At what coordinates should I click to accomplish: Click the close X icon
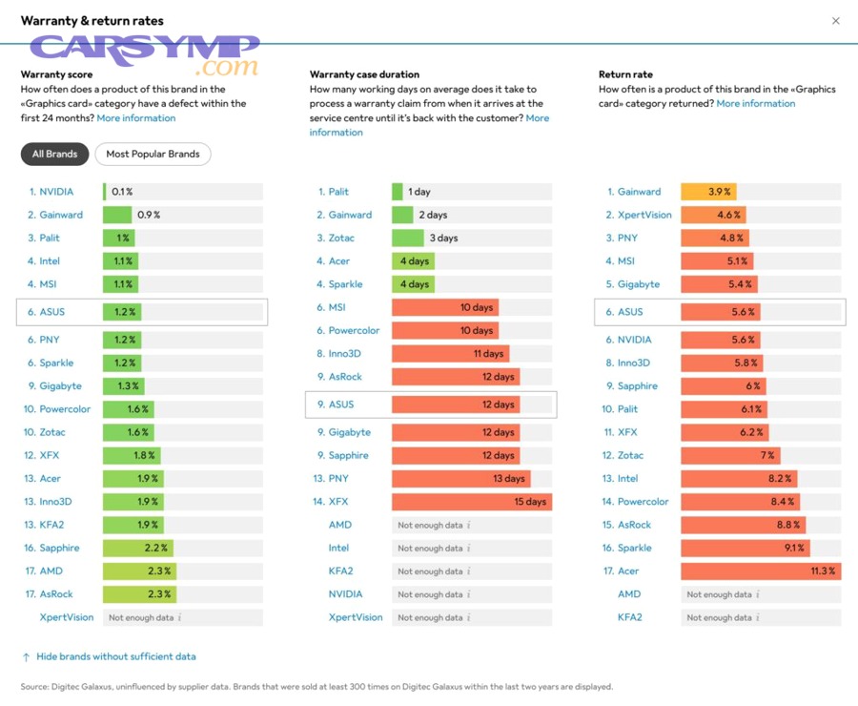836,21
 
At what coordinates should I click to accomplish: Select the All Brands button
54,154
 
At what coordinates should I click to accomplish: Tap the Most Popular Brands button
153,154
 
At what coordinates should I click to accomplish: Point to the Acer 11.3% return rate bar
760,571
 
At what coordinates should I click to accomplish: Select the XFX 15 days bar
471,502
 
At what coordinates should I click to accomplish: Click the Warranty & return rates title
92,21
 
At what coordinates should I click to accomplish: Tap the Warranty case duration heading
364,74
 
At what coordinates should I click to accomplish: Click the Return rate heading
625,74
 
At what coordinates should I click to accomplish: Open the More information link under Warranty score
136,118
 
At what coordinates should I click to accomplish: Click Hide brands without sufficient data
116,656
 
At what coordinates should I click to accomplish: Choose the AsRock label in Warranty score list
58,593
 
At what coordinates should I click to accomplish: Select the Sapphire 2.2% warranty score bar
138,548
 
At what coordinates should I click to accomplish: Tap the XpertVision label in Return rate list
644,215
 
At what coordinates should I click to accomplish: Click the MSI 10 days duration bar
444,307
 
